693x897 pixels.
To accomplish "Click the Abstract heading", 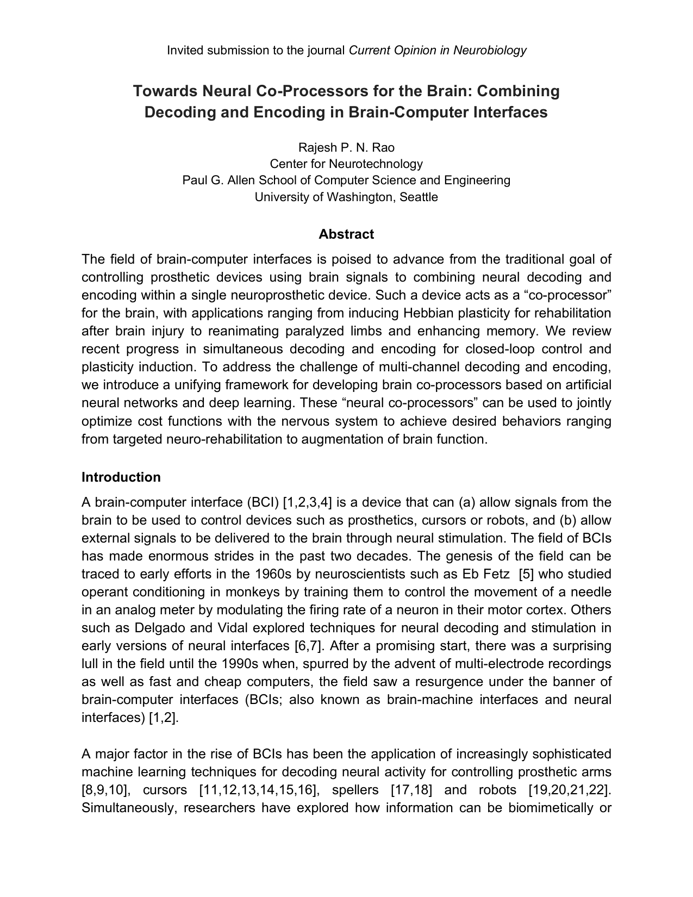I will (x=346, y=234).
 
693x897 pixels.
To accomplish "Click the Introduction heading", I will (x=121, y=477).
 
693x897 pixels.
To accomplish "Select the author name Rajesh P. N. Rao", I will (x=346, y=148).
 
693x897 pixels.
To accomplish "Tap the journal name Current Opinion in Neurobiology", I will (x=438, y=51).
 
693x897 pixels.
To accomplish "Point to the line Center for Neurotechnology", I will (x=346, y=164).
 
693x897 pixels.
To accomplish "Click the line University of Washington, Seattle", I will (x=346, y=197).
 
